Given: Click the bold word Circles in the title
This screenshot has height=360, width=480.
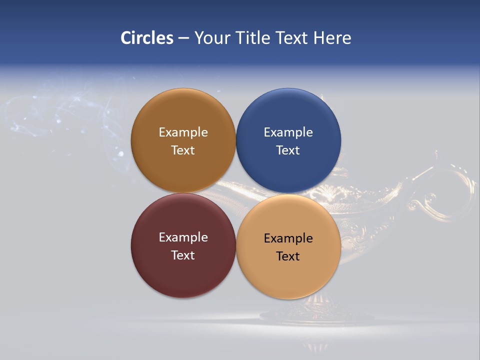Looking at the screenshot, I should [146, 38].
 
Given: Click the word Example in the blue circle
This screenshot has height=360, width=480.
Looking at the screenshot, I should [288, 132].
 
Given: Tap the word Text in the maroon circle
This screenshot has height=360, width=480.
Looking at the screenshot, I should [183, 255].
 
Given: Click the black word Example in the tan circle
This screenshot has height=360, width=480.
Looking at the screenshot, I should [288, 238].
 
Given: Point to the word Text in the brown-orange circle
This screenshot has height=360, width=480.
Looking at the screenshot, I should [183, 150].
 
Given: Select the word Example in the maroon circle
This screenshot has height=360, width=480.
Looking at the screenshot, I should [183, 237].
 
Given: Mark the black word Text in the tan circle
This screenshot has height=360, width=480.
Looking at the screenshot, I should [288, 256].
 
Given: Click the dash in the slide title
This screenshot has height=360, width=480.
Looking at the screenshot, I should [183, 38].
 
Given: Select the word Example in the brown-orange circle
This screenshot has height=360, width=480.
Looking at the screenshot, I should [183, 132].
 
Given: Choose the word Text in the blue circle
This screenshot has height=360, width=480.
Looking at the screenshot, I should [288, 150].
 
